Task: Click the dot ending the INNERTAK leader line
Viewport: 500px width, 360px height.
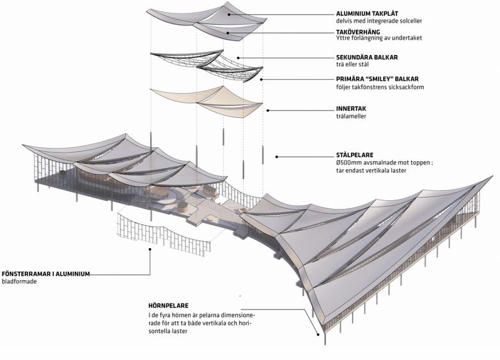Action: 269,110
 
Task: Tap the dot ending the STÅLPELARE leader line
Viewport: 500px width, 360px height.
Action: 277,155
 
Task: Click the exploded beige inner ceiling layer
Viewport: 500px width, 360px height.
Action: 205,101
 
